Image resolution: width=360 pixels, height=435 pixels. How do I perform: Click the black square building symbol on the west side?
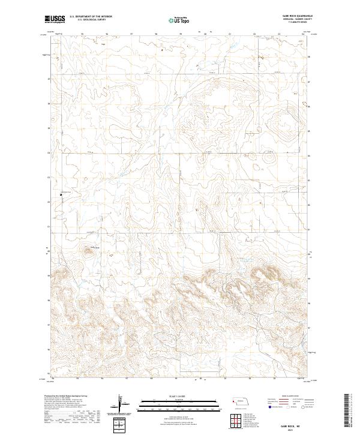point(61,194)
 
